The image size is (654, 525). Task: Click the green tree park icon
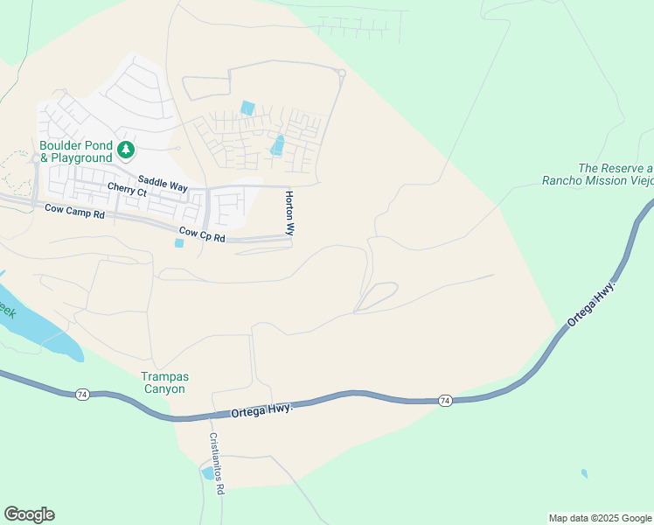tap(126, 150)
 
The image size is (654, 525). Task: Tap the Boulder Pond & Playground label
tap(76, 151)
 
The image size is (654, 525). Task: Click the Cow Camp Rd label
tap(74, 213)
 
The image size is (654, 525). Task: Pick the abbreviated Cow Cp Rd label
tap(202, 235)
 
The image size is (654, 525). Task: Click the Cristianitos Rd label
tap(215, 464)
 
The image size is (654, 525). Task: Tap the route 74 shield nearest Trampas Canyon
tap(80, 394)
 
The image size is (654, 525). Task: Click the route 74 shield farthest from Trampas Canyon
tap(444, 400)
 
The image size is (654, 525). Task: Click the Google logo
tap(29, 514)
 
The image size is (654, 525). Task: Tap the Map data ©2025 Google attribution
tap(599, 518)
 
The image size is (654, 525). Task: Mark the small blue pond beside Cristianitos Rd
tap(208, 473)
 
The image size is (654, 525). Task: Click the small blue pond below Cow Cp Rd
tap(179, 243)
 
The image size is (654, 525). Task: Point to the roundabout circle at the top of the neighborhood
tap(342, 73)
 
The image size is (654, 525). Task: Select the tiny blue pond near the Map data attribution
tap(584, 474)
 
